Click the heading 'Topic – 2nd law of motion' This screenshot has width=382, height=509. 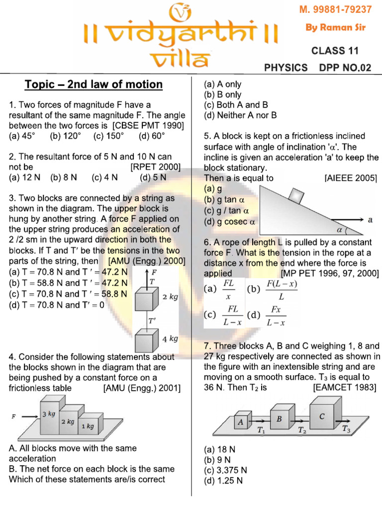point(94,85)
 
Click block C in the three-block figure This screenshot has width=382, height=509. point(322,415)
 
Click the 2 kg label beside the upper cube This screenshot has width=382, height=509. point(170,297)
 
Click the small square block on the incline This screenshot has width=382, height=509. point(297,195)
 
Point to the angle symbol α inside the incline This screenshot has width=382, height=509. point(340,230)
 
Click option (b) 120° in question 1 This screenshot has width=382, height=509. point(65,135)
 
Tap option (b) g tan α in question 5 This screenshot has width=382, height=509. point(225,199)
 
